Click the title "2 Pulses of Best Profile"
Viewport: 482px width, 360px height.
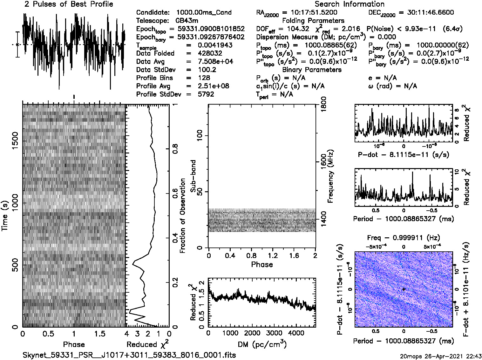[69, 4]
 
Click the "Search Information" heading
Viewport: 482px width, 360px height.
[350, 4]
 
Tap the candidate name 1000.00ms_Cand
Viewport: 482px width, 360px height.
[204, 12]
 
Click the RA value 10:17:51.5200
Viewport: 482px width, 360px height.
[314, 12]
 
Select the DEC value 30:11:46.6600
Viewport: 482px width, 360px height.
[426, 12]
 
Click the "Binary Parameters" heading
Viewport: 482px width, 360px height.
[312, 70]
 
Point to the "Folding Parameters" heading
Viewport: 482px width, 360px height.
[313, 21]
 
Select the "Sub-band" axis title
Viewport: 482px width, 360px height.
[193, 176]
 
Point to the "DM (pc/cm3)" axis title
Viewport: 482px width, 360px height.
[262, 344]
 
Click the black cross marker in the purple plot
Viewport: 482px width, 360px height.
[404, 289]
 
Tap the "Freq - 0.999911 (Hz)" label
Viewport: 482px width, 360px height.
[404, 238]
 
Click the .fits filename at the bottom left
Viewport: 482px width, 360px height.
[129, 355]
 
